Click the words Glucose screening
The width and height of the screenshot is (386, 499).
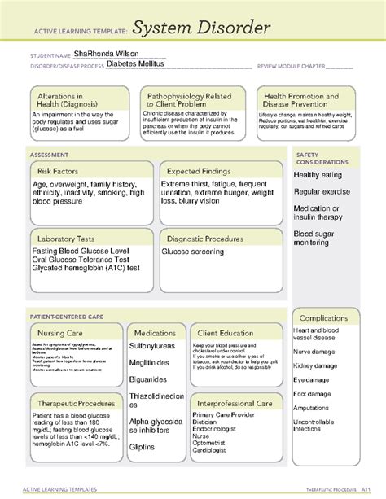point(192,252)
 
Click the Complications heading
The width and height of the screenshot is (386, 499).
point(325,317)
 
